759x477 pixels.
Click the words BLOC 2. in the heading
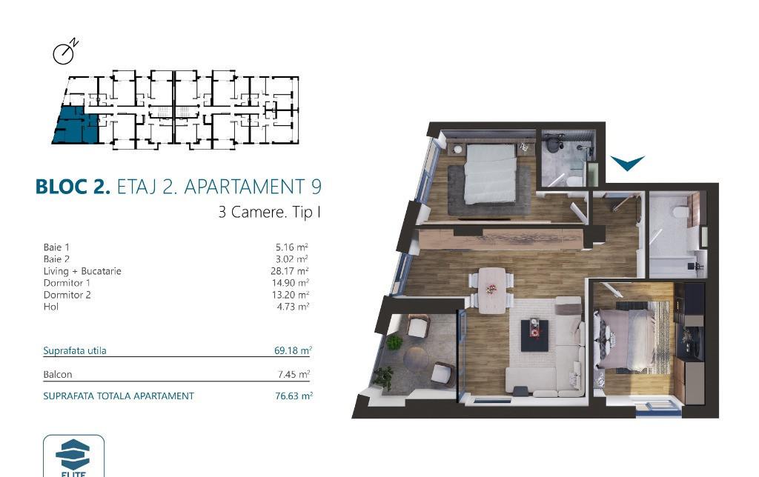[73, 187]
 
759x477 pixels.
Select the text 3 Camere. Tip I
[269, 213]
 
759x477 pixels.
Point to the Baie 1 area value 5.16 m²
[292, 247]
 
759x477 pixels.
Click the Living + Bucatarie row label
[82, 271]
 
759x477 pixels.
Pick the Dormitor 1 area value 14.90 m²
[290, 282]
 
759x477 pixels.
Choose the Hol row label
[51, 307]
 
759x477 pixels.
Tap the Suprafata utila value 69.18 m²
[293, 350]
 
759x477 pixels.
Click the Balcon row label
[58, 375]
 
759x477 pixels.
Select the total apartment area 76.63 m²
[294, 396]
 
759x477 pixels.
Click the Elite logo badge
[73, 456]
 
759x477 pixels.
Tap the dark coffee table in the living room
[535, 335]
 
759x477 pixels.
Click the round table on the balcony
[416, 358]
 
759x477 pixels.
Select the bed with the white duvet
[489, 173]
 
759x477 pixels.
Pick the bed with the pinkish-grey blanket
[628, 340]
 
